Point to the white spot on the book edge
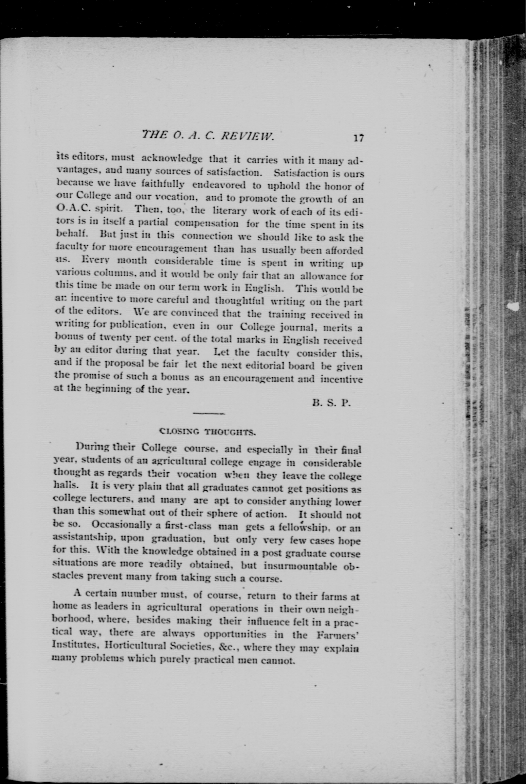pos(514,306)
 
